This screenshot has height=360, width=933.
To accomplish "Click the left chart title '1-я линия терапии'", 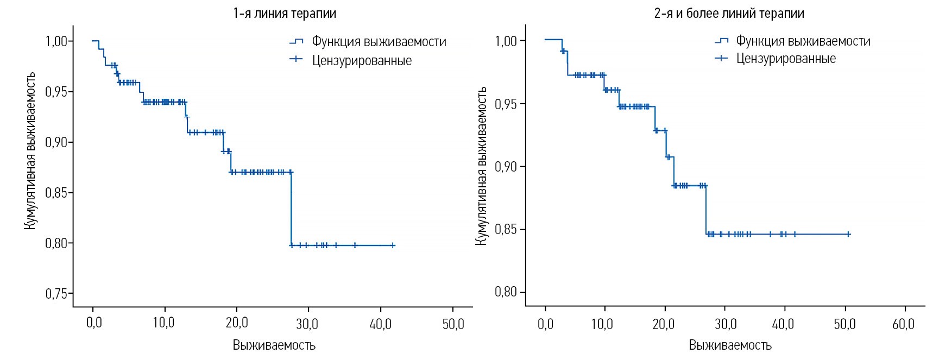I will (x=284, y=13).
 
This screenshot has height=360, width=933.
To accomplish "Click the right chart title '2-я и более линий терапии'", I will (x=729, y=13).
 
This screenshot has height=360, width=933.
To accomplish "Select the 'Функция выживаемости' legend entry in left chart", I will (x=379, y=42).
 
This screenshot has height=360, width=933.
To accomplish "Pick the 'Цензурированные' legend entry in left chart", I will (x=362, y=60).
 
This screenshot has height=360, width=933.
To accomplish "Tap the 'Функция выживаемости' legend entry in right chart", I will (x=803, y=41).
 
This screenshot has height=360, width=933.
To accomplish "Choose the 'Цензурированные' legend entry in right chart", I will (x=786, y=59).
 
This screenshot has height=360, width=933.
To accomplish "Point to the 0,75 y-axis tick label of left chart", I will (x=56, y=294).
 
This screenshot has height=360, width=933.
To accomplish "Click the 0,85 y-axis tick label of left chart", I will (x=56, y=193).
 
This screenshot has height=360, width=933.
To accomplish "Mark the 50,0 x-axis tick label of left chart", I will (x=453, y=324).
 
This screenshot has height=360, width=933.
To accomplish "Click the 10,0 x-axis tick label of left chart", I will (x=163, y=324).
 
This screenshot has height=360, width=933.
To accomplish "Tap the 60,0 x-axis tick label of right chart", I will (x=903, y=324).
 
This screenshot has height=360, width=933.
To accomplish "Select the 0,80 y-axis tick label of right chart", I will (x=506, y=292).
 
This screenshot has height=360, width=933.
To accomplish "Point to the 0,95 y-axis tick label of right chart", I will (x=506, y=104).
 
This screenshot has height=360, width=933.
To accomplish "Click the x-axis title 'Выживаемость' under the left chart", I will (x=274, y=345).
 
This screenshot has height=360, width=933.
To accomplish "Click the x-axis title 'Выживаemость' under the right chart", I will (x=730, y=345).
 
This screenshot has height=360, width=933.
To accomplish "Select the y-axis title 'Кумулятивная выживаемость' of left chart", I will (x=30, y=151).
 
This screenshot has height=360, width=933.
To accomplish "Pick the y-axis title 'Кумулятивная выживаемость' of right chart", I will (x=481, y=166).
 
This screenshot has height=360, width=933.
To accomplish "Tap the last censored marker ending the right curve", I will (x=848, y=234).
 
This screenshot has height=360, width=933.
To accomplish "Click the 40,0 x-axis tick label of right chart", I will (x=783, y=324).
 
